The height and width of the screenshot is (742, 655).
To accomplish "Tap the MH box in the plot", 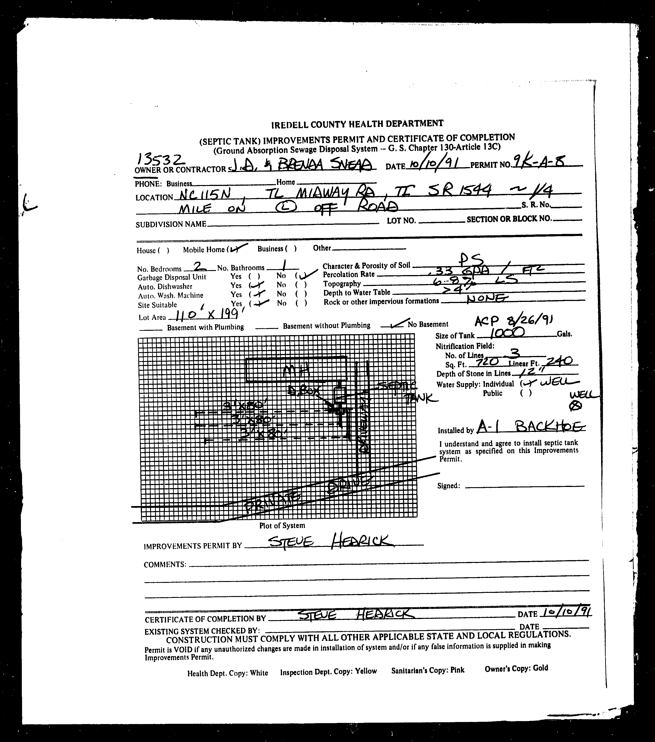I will point(296,370).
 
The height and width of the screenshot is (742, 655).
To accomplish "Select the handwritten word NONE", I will point(486,298).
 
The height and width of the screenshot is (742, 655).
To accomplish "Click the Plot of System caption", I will point(282,525).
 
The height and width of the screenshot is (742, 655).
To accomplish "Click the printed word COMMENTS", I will point(165,564).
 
